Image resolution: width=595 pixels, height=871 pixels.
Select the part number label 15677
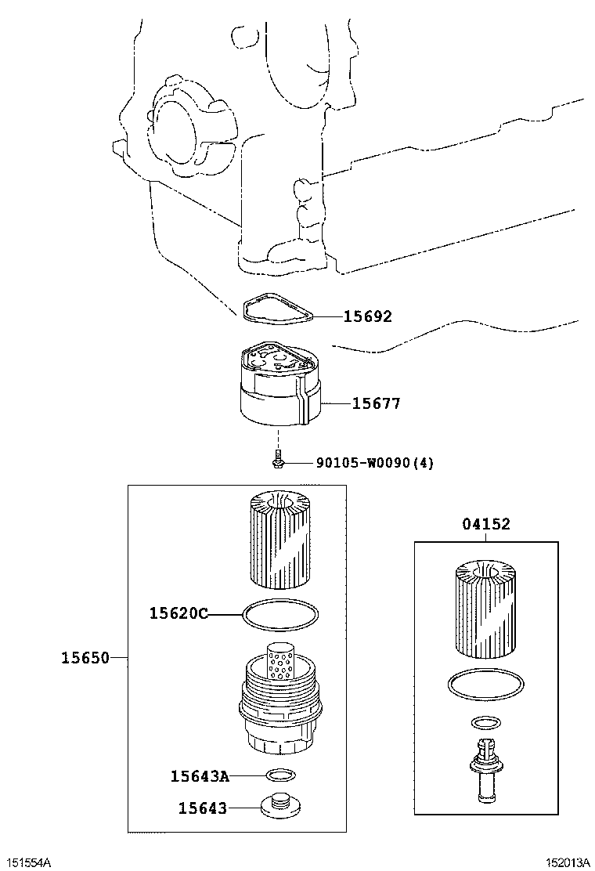[x=376, y=403]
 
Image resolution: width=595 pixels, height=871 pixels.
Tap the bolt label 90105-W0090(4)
[x=374, y=463]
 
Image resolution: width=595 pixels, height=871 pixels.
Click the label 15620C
[x=178, y=613]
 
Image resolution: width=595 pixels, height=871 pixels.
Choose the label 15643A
[x=200, y=776]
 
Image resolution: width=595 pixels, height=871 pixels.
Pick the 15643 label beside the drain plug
[x=202, y=808]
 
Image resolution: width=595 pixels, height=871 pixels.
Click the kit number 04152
[x=485, y=524]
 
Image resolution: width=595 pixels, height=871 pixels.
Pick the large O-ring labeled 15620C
[x=280, y=616]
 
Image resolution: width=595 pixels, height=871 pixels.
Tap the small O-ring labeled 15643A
[x=280, y=775]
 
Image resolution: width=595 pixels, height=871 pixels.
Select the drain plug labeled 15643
[x=279, y=806]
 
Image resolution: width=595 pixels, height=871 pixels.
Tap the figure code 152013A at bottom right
[x=568, y=862]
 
